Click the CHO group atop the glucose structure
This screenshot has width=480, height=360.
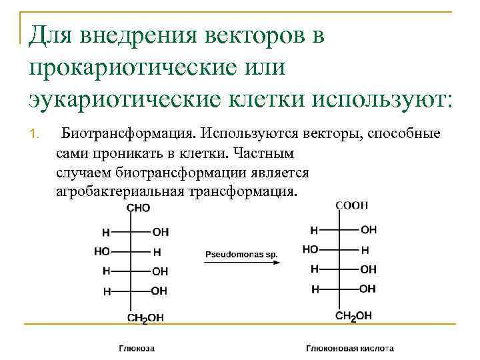pyautogui.click(x=138, y=208)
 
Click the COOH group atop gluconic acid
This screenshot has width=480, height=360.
pyautogui.click(x=351, y=205)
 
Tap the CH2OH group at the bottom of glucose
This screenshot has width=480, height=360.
pyautogui.click(x=141, y=318)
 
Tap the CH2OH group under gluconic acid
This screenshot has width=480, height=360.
pyautogui.click(x=353, y=316)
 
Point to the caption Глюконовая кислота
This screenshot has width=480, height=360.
pyautogui.click(x=349, y=348)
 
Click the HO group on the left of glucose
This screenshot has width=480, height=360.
pyautogui.click(x=101, y=252)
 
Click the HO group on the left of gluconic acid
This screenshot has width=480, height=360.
pyautogui.click(x=310, y=249)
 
